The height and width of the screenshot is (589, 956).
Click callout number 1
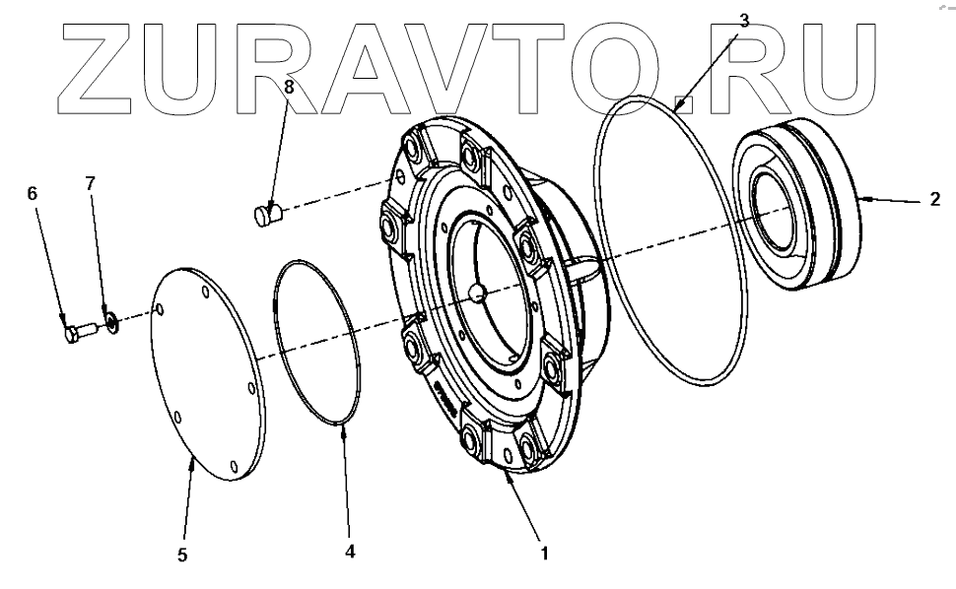[542, 555]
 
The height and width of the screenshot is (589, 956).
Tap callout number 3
[743, 19]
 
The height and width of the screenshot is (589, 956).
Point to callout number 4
[349, 553]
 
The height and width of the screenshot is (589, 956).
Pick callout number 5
[182, 556]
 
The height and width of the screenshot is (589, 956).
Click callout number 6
[32, 195]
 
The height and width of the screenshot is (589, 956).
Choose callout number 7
[90, 183]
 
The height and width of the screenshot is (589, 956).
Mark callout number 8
[289, 86]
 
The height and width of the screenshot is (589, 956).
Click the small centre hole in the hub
[476, 293]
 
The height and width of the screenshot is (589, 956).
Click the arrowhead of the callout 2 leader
[860, 199]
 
